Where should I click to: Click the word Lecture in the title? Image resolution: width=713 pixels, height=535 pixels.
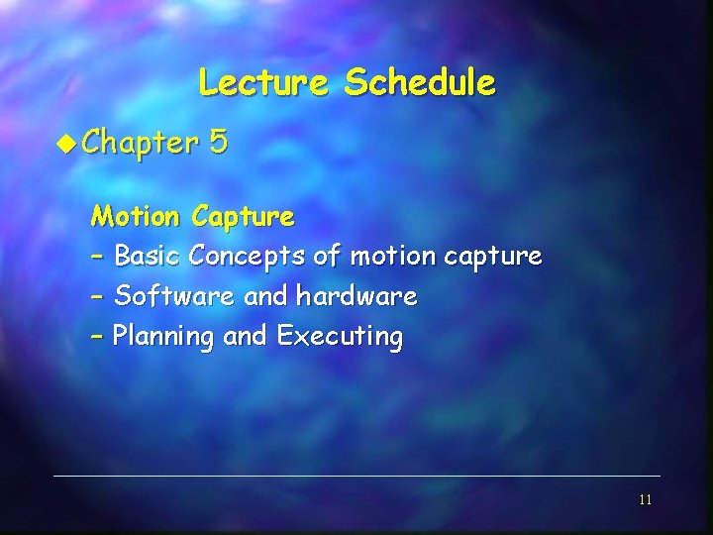[x=261, y=82]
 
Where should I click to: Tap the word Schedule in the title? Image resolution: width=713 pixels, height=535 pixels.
[x=419, y=82]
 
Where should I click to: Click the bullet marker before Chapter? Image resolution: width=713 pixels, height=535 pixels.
[x=65, y=143]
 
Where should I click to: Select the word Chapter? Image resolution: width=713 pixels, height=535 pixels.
[x=140, y=144]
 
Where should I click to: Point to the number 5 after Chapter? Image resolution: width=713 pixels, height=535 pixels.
[x=218, y=143]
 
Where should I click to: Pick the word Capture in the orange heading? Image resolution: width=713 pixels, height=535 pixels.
[x=244, y=216]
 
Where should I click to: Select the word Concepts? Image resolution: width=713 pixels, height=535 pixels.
[x=248, y=257]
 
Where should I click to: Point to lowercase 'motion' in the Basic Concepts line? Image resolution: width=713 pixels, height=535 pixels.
[x=393, y=256]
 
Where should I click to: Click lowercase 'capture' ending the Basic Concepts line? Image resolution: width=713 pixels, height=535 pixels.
[x=493, y=258]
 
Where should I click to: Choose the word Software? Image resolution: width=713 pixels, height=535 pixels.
[x=175, y=295]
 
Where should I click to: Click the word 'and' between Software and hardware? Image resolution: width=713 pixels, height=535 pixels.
[x=266, y=295]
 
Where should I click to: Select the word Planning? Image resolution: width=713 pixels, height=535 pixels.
[x=163, y=337]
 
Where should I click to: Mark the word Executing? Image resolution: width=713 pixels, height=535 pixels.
[x=340, y=337]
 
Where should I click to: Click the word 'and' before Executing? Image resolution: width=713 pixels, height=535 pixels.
[x=245, y=336]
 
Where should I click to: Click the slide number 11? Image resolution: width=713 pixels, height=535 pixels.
[x=645, y=500]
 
